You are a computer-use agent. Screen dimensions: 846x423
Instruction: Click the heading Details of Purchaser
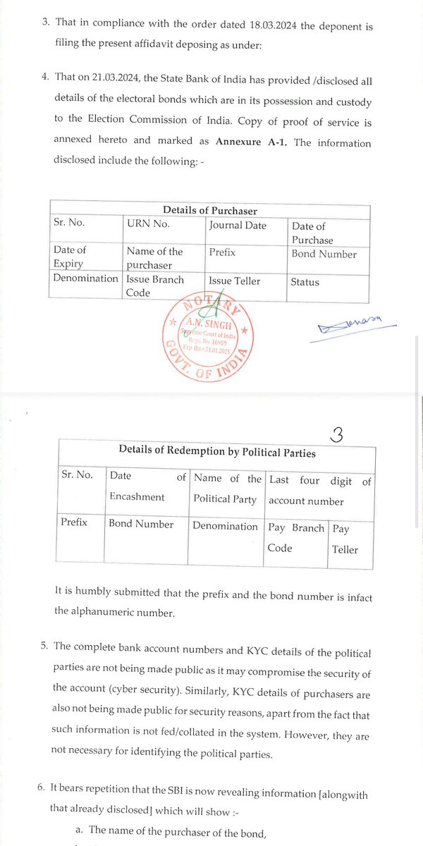point(209,210)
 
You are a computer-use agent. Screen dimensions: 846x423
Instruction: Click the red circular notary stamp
point(208,338)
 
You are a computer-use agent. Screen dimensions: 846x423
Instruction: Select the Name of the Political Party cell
point(227,488)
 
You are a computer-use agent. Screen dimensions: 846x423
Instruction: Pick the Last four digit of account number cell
point(319,491)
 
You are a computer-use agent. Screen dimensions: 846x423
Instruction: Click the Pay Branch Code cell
point(296,537)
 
